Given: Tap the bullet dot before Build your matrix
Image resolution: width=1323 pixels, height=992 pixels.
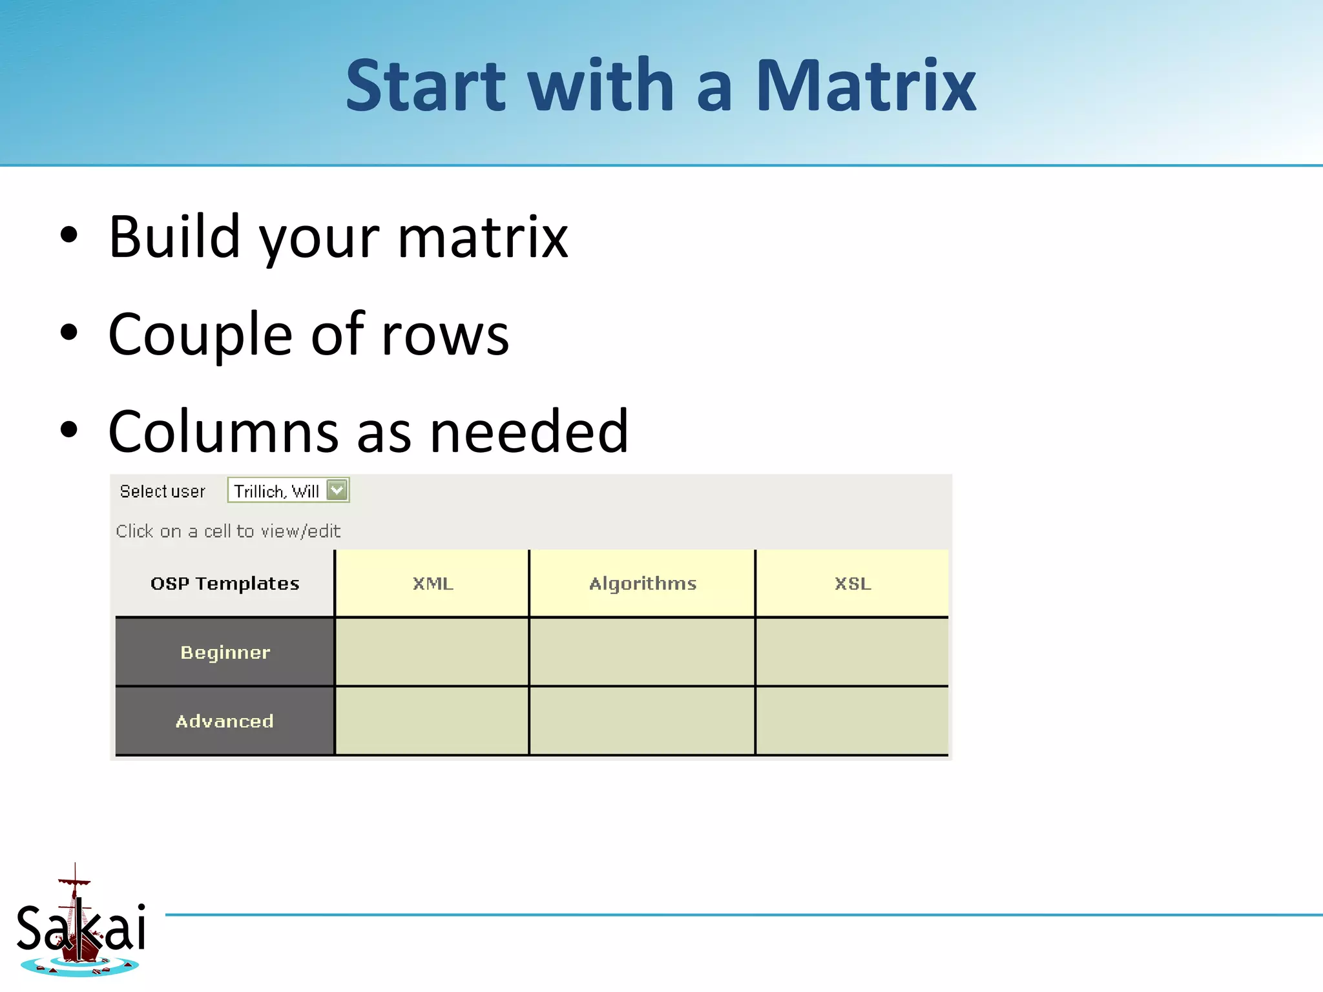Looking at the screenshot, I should coord(68,236).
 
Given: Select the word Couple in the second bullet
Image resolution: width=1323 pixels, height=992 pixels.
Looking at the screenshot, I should coord(200,335).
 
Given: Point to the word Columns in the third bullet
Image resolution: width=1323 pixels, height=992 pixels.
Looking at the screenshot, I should coord(223,431).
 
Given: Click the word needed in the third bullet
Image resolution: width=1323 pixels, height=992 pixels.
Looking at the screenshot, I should coord(528,431).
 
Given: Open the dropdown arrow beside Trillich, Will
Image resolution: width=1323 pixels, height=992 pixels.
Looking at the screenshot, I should coord(337,490).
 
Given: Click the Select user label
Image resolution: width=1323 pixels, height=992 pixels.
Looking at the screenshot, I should coord(162,491).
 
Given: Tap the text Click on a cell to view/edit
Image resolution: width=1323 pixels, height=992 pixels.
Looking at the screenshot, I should coord(228,531).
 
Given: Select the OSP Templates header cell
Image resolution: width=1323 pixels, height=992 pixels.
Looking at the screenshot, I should coord(225,583).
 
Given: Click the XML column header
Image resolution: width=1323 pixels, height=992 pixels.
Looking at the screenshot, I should coord(432,583).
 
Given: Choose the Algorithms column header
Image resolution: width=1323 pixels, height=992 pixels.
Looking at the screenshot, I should coord(642,583).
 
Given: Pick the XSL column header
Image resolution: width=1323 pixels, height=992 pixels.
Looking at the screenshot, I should coord(852,583).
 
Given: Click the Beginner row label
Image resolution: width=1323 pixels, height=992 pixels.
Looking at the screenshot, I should coord(225,652).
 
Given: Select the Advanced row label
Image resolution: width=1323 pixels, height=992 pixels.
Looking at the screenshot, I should coord(225,721).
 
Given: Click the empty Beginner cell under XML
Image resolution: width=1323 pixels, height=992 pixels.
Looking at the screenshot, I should coord(432,652).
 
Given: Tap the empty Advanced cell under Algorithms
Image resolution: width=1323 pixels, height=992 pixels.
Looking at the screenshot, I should coord(642,721).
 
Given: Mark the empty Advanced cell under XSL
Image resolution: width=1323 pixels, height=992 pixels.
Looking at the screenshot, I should coord(852,721).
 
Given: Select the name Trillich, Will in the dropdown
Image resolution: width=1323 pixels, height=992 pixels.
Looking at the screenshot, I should coord(276,491).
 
